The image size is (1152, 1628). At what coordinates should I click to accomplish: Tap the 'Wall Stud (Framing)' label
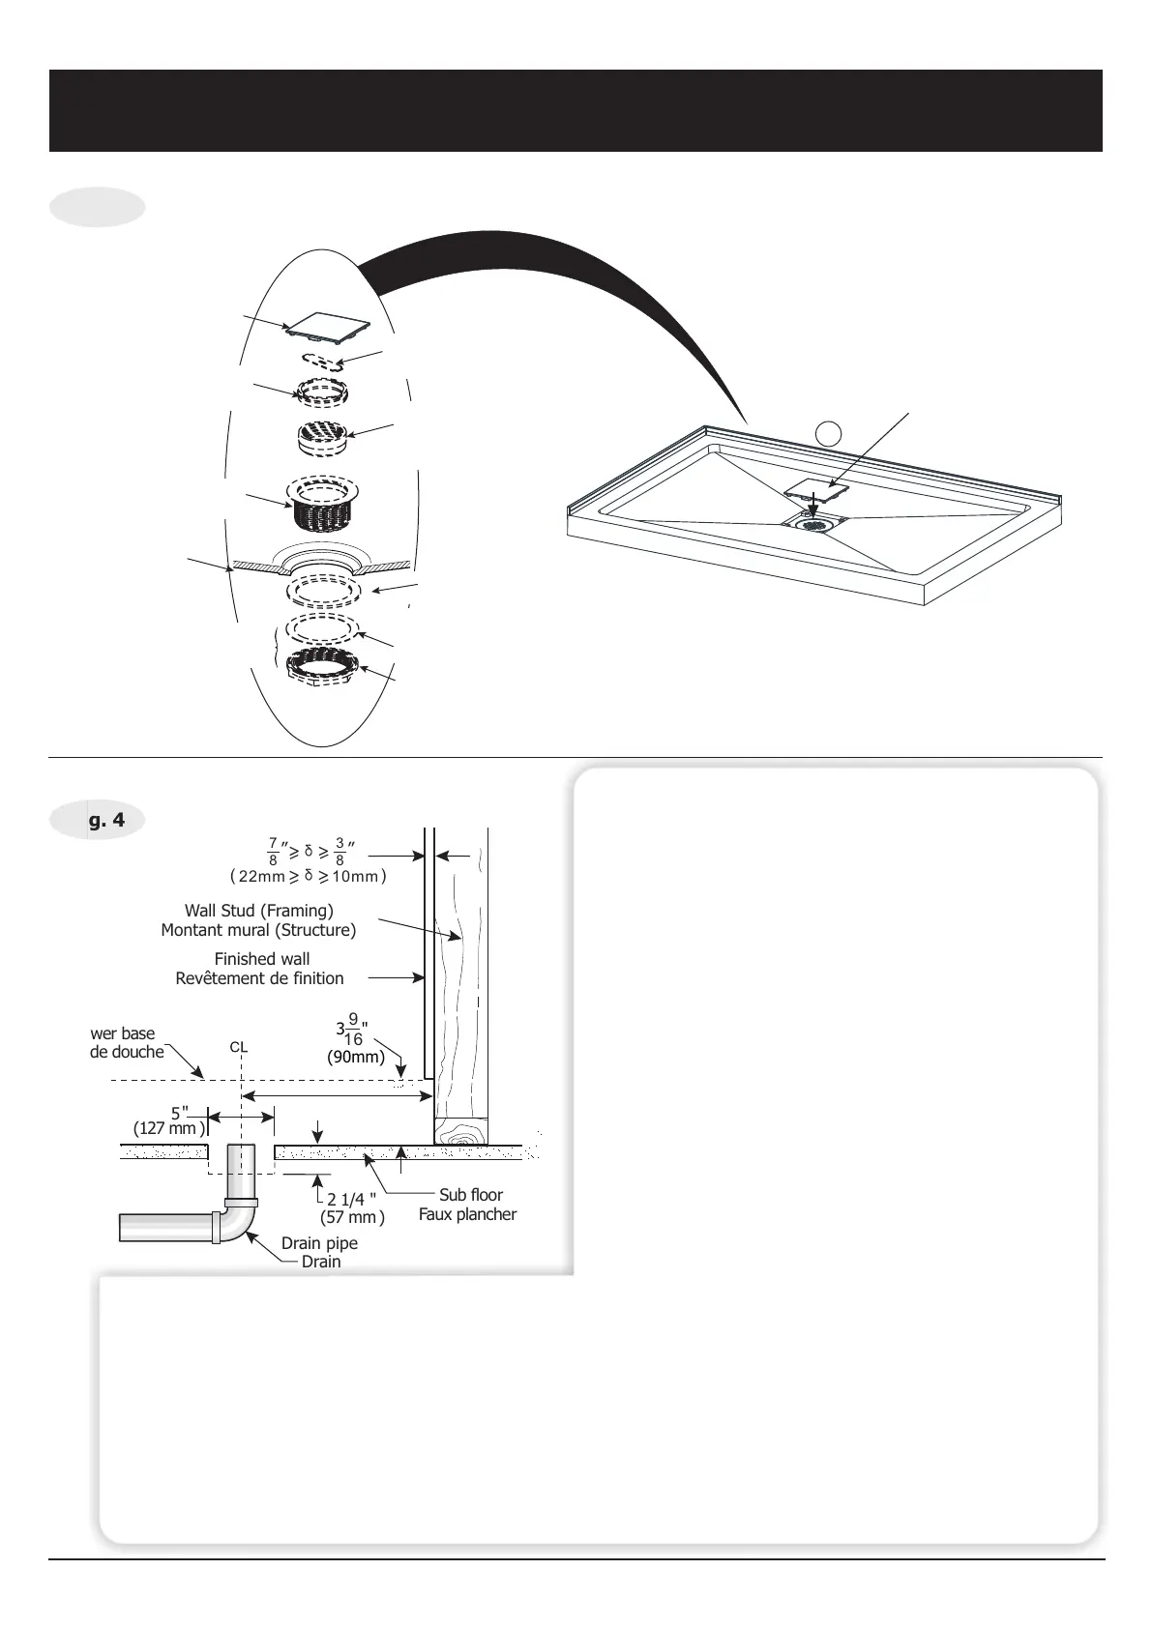[259, 911]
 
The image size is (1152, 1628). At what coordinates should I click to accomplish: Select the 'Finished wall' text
[262, 959]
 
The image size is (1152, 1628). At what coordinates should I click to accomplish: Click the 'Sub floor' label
[471, 1195]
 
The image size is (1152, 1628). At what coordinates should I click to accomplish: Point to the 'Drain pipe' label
[319, 1243]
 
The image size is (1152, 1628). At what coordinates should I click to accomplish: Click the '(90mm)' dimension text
[356, 1057]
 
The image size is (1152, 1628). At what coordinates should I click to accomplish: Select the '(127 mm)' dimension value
[168, 1128]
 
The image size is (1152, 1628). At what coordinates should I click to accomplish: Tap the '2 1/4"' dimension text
[350, 1200]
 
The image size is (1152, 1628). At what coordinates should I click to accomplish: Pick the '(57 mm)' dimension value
[352, 1218]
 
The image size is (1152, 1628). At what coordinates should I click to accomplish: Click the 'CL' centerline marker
[239, 1047]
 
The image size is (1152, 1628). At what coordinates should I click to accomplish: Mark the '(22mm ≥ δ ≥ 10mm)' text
[308, 877]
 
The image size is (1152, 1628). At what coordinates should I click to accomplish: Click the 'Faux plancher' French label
[467, 1214]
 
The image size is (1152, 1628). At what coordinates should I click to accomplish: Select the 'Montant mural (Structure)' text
[258, 931]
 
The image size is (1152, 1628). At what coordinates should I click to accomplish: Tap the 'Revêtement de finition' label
[259, 978]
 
